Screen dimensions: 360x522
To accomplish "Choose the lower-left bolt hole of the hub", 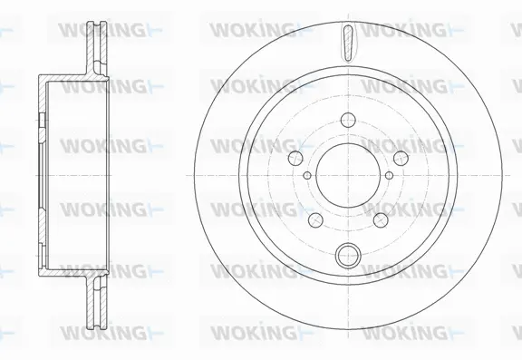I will [x=314, y=220].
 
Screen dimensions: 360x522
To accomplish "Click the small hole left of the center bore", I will [x=308, y=175].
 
